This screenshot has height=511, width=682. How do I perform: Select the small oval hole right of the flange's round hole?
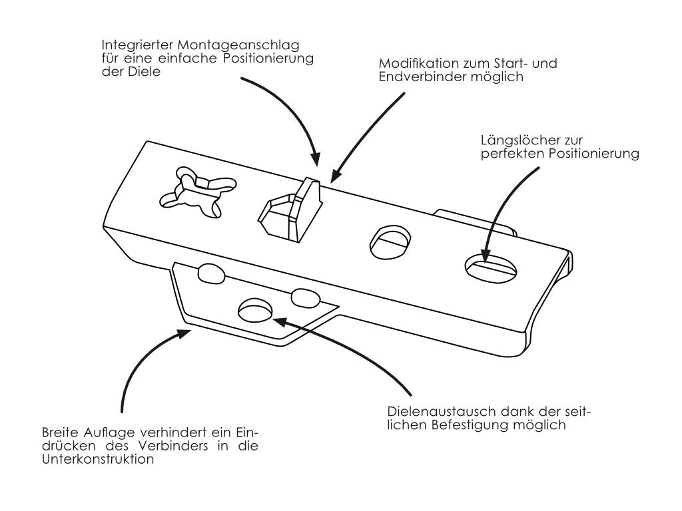(306, 297)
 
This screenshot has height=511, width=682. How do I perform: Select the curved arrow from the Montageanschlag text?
(293, 106)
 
